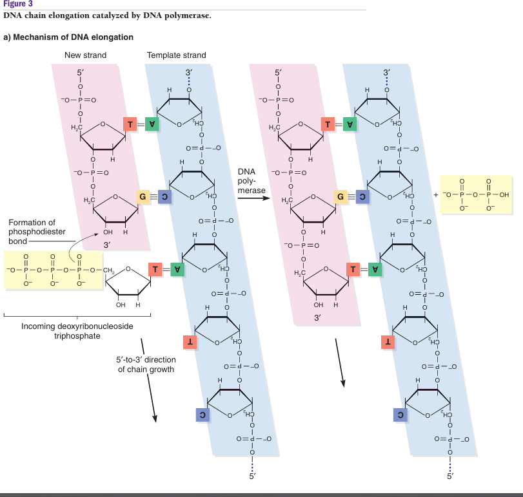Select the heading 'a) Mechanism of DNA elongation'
(68, 37)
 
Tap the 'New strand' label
(85, 55)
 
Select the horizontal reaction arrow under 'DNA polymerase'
(252, 199)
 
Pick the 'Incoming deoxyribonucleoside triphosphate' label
(77, 331)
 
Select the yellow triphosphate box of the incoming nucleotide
(52, 270)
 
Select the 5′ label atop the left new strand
(80, 73)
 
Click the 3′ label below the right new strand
(318, 318)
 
